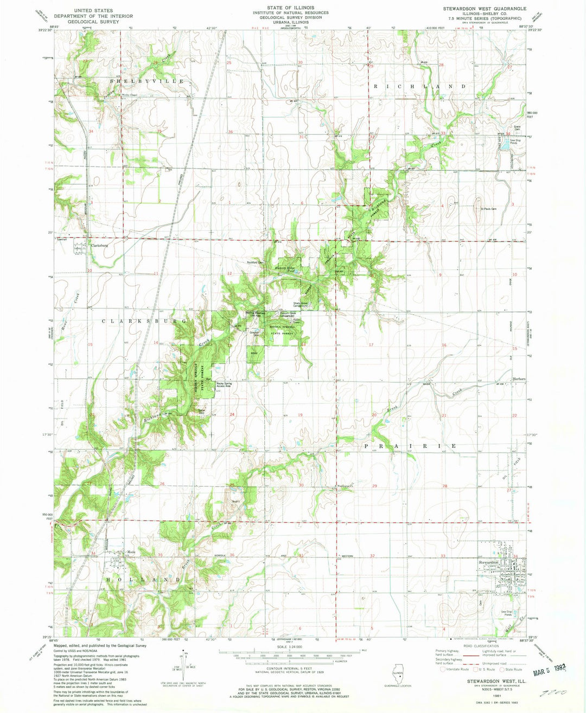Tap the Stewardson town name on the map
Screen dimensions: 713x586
488,562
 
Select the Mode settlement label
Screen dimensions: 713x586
130,552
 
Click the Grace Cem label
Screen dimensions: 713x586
502,128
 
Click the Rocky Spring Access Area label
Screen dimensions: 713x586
224,385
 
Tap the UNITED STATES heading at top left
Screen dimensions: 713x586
93,10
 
